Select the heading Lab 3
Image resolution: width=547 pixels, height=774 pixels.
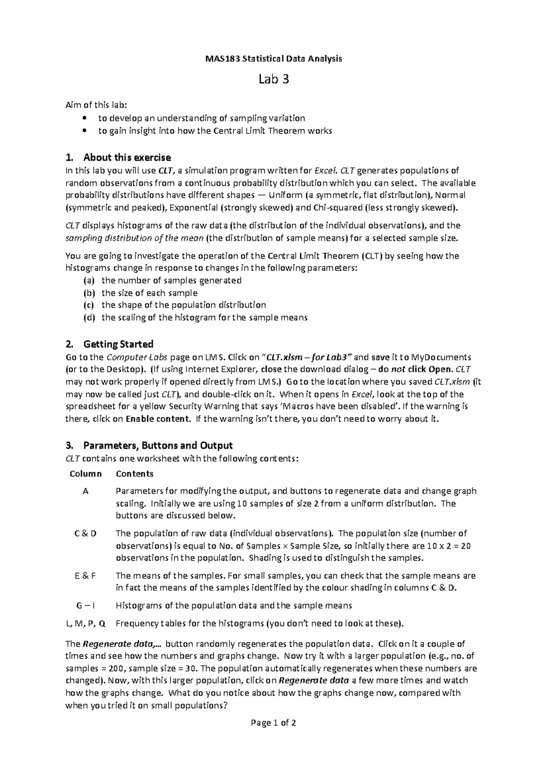tap(273, 80)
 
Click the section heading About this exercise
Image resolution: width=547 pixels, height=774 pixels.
tap(127, 158)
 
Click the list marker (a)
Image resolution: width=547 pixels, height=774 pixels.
tap(89, 281)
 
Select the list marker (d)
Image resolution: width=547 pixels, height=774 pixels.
tap(89, 318)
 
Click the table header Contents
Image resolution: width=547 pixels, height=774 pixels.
tap(134, 474)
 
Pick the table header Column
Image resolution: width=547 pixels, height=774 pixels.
tap(86, 474)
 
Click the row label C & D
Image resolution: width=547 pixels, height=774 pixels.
tap(86, 534)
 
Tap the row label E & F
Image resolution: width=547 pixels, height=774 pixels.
tap(86, 576)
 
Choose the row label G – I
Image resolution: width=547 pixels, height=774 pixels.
tap(86, 606)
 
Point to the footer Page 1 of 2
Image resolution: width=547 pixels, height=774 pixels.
tap(273, 723)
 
